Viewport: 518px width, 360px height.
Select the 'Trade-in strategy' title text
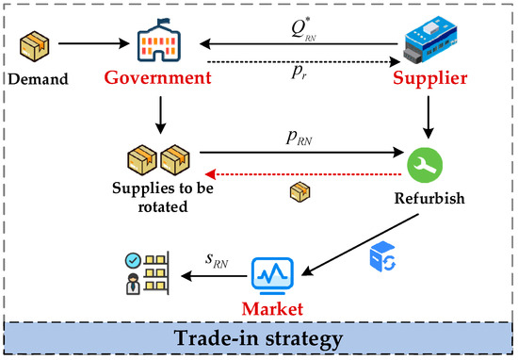(x=259, y=338)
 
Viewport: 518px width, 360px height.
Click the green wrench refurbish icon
(x=423, y=163)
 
